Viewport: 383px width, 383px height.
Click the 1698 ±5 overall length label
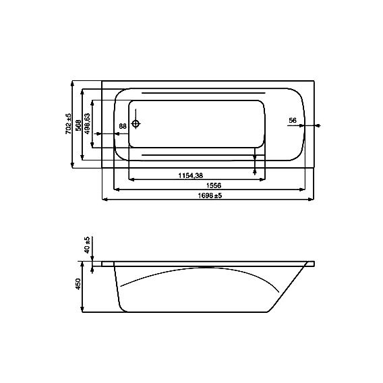[x=210, y=196]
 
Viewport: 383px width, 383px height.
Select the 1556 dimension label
[x=214, y=185]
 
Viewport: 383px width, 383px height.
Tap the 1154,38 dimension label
[x=191, y=175]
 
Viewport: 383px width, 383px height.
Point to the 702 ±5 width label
[x=69, y=124]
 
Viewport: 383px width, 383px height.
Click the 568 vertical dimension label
[x=78, y=125]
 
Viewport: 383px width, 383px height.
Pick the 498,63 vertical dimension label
[x=87, y=123]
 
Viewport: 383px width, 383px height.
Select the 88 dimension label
[x=123, y=126]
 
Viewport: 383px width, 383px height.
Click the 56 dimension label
[x=293, y=121]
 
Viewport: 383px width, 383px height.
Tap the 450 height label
[x=78, y=284]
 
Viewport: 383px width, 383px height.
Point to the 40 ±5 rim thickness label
[x=87, y=245]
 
